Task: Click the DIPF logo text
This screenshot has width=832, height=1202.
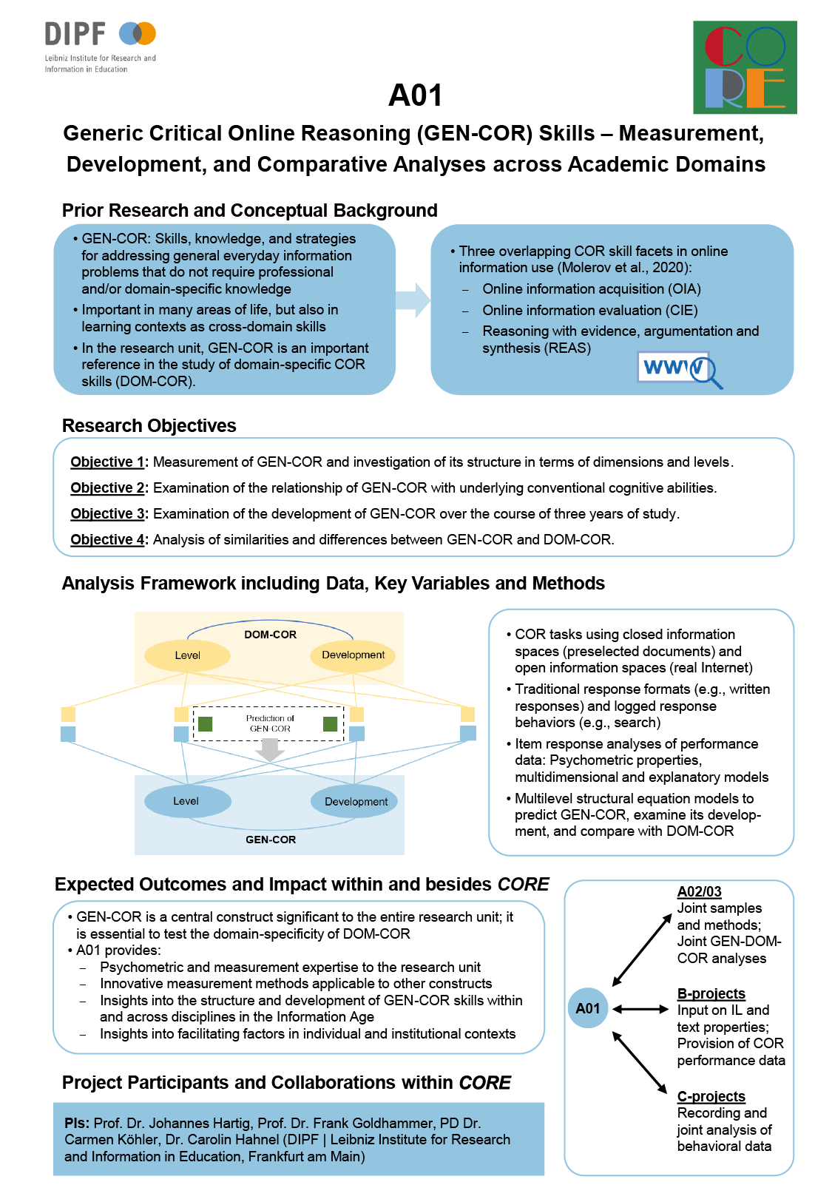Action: tap(75, 34)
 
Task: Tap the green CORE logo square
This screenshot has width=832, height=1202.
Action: tap(745, 67)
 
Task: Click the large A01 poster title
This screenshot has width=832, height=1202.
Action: tap(415, 95)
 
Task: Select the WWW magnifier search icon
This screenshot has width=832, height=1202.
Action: tap(680, 369)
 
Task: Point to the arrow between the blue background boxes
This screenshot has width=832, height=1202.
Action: tap(413, 300)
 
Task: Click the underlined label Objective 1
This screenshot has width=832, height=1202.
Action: tap(107, 462)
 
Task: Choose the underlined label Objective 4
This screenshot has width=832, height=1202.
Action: tap(107, 539)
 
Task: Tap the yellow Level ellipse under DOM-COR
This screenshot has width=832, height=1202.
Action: tap(187, 655)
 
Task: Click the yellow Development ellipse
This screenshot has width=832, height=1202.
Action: tap(353, 655)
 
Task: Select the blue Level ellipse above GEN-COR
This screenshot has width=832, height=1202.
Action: tap(187, 801)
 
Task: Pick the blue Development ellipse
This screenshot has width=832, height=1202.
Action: tap(354, 802)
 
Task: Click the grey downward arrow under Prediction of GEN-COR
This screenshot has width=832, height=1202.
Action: tap(270, 749)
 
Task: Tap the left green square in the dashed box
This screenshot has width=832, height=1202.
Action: tap(206, 724)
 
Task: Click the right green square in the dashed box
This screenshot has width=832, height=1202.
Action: tap(331, 724)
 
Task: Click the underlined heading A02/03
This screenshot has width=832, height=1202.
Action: tap(699, 892)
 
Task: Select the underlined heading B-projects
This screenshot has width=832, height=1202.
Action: tap(711, 994)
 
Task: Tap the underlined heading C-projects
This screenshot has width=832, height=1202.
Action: tap(711, 1096)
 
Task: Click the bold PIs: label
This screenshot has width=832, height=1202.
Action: tap(77, 1123)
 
